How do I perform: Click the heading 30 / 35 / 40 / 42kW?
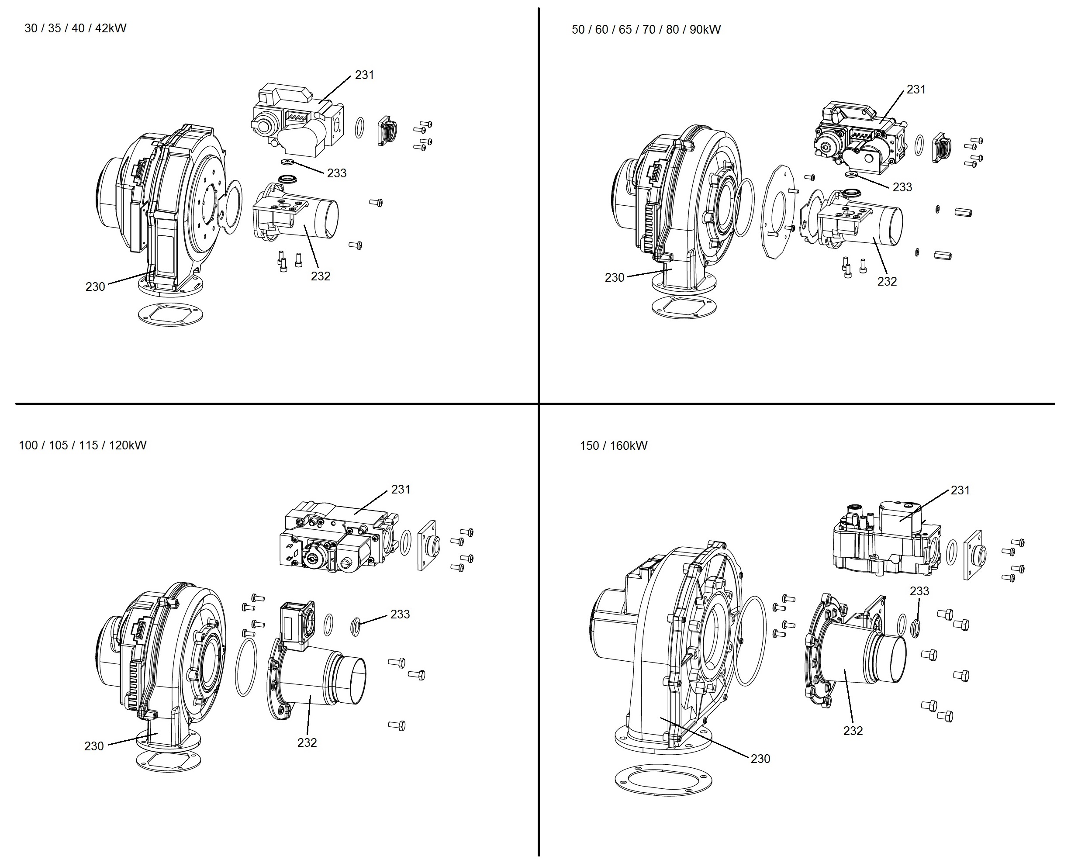coord(76,28)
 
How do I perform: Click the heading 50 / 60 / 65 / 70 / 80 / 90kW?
coord(646,30)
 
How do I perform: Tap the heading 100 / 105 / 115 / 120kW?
coord(83,445)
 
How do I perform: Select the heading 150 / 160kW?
coord(614,445)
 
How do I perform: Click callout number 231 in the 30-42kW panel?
coord(364,75)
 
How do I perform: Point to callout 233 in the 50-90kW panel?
coord(902,187)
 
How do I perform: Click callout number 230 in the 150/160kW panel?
coord(760,759)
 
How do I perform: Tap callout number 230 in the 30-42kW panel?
coord(95,287)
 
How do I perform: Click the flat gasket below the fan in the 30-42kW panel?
coord(171,314)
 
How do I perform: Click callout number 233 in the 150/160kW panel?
coord(919,591)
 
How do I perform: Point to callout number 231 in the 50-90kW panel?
coord(916,90)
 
